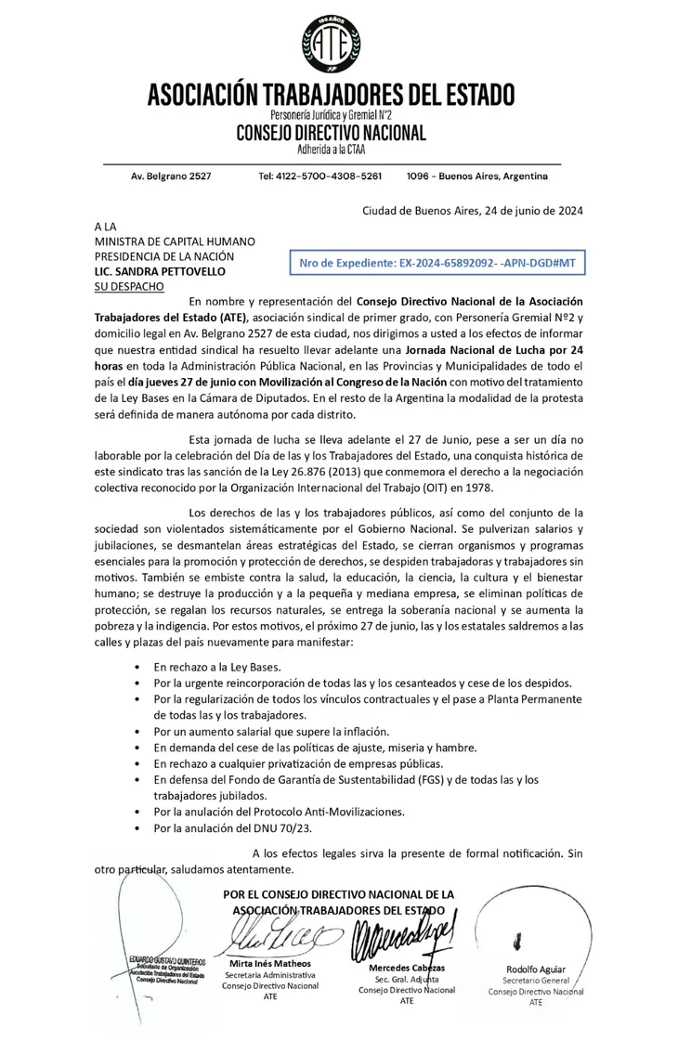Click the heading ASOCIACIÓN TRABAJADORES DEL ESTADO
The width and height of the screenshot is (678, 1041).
tap(330, 95)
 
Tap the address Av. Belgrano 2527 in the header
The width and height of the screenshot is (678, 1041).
tap(171, 176)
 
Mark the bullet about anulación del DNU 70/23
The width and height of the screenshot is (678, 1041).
tap(226, 826)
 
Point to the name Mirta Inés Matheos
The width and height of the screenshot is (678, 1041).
tap(269, 963)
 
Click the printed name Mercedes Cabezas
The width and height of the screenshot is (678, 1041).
tap(407, 968)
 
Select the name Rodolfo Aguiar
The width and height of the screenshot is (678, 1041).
tap(536, 969)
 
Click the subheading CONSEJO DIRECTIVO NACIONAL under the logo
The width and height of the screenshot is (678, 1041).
tap(330, 133)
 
